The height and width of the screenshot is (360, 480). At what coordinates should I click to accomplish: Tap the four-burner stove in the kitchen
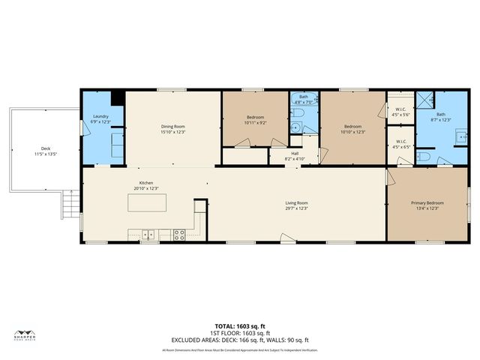[x=180, y=234]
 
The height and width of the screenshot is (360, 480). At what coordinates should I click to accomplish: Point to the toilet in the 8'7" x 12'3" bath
[x=423, y=156]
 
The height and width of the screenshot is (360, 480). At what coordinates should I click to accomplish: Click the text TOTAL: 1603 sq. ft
[x=239, y=326]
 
